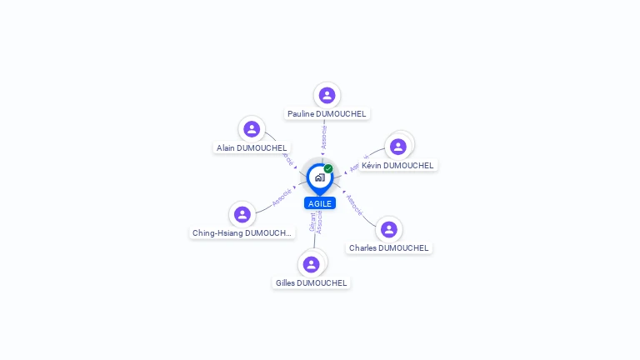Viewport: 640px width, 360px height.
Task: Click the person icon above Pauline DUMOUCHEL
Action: click(327, 95)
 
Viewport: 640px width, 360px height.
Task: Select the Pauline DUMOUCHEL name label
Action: click(327, 113)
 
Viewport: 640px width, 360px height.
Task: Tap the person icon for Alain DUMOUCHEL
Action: click(252, 129)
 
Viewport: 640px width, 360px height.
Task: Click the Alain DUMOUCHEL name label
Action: click(252, 147)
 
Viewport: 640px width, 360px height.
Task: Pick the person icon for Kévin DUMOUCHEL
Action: click(398, 147)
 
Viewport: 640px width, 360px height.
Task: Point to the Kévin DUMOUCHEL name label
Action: click(397, 165)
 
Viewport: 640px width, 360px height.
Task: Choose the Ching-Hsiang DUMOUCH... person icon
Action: click(242, 214)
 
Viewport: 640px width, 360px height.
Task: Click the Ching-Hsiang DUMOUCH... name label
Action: click(242, 232)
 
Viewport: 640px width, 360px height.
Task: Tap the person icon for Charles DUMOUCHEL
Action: click(388, 229)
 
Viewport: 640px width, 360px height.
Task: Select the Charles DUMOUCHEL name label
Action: click(388, 247)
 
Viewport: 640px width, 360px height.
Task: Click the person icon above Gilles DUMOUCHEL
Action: click(312, 264)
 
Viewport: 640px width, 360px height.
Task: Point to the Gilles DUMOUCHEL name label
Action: click(312, 282)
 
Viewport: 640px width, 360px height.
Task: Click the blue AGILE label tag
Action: click(320, 203)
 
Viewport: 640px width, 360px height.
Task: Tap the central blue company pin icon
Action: click(319, 177)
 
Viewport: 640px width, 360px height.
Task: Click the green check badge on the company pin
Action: click(328, 168)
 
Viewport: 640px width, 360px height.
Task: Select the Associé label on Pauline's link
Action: click(324, 137)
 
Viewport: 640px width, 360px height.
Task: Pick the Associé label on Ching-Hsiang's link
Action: click(282, 197)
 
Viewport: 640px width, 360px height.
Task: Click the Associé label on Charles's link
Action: click(354, 205)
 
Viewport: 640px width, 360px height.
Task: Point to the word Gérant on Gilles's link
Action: click(312, 222)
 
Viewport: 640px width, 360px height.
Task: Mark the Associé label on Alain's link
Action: click(288, 157)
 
